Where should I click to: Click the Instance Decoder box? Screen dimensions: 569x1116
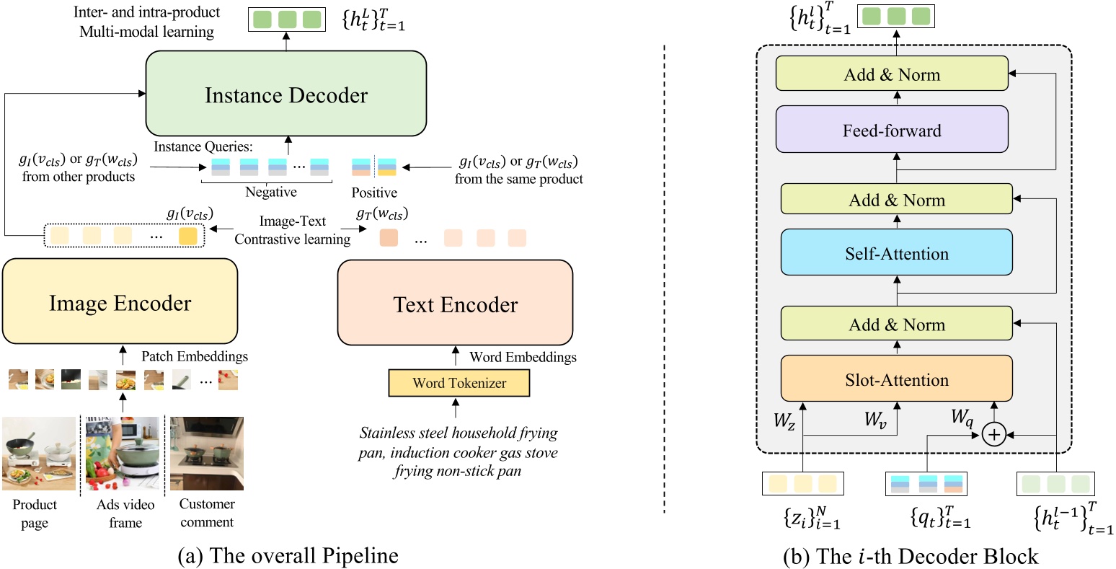click(286, 95)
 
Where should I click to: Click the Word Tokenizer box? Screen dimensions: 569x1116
click(459, 383)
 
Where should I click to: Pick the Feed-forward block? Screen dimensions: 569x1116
click(892, 130)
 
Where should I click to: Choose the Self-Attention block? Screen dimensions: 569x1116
click(896, 253)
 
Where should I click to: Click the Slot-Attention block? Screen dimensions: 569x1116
click(896, 379)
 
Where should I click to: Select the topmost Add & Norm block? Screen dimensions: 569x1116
click(892, 74)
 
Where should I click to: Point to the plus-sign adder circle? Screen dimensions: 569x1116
click(993, 435)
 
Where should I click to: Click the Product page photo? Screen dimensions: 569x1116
click(39, 454)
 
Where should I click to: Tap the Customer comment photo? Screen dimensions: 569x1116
click(206, 454)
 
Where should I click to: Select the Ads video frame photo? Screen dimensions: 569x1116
click(123, 454)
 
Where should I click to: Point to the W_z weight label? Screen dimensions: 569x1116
click(784, 420)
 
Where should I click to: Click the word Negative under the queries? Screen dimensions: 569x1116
click(271, 192)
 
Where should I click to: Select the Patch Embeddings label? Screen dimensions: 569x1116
click(194, 356)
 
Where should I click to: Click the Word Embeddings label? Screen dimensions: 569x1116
click(523, 357)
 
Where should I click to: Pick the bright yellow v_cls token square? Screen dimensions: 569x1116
click(187, 236)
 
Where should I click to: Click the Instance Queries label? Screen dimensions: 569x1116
click(203, 146)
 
